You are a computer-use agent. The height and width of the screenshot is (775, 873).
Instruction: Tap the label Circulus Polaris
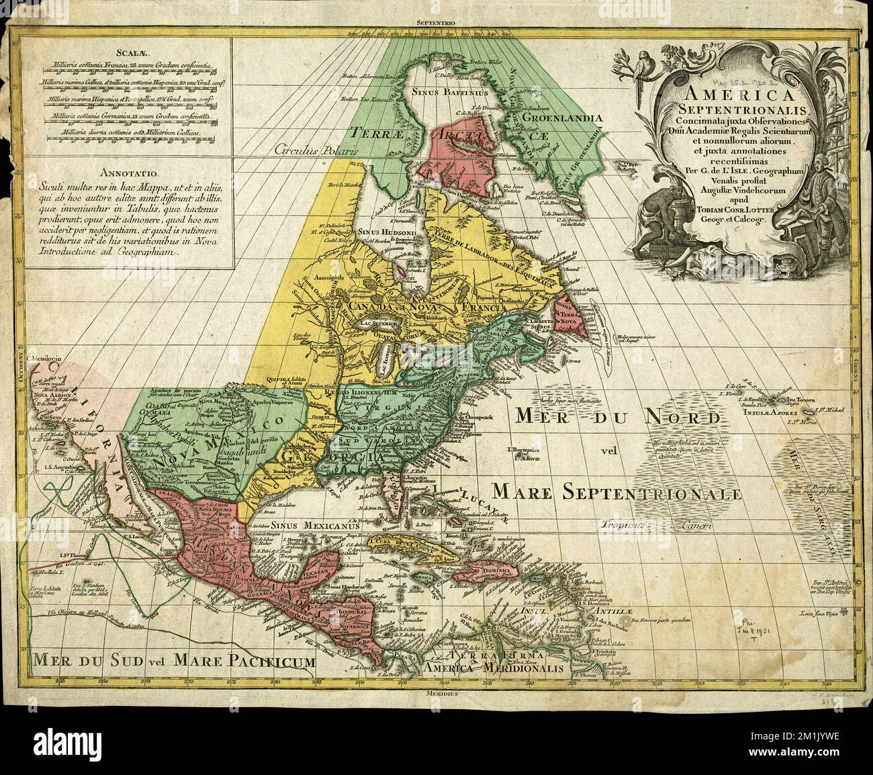coord(317,150)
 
